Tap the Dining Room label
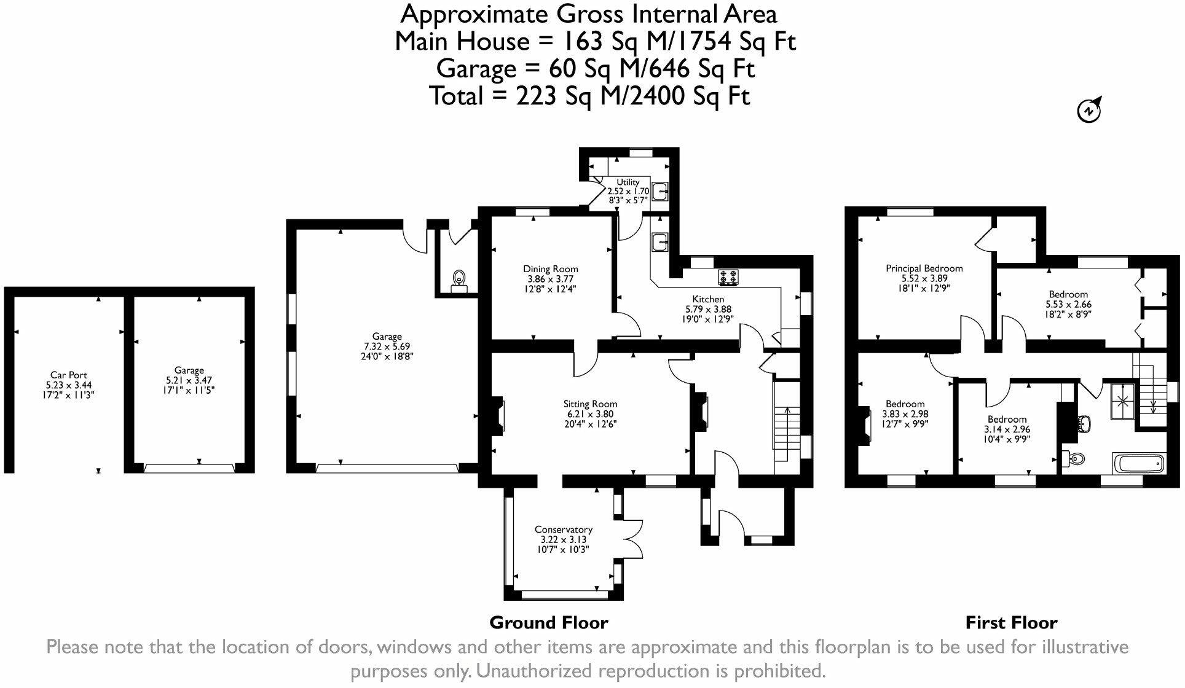(x=550, y=268)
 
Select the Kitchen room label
(x=708, y=299)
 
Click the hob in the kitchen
(x=730, y=278)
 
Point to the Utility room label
(x=628, y=182)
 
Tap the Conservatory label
(x=563, y=530)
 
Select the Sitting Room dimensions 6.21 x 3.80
(x=590, y=414)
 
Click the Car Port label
(x=68, y=375)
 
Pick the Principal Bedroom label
(x=924, y=268)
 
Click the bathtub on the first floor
(x=1139, y=463)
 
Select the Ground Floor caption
(x=549, y=623)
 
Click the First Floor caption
(x=1011, y=623)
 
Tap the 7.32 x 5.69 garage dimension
(x=387, y=346)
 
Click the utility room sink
(x=661, y=191)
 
